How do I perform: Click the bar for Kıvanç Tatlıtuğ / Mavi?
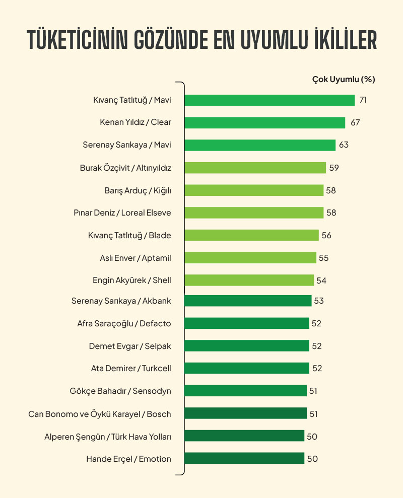tap(270, 100)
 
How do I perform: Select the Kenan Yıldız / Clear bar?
tap(264, 122)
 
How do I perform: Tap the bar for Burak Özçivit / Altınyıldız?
tap(255, 168)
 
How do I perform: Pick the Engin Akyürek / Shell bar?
tap(249, 280)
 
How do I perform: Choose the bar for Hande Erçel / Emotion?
tap(244, 459)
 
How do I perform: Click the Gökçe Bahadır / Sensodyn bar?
tap(245, 391)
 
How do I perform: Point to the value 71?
tap(363, 100)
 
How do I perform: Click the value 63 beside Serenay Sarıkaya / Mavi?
tap(344, 145)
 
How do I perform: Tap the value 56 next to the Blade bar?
tap(326, 235)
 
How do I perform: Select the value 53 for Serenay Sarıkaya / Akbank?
tap(319, 301)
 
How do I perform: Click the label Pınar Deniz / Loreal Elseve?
tap(122, 212)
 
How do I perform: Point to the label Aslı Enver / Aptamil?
tap(136, 258)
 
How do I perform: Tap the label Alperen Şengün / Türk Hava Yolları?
tap(108, 437)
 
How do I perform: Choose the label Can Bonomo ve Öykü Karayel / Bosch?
tap(100, 414)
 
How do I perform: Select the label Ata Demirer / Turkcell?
tap(131, 368)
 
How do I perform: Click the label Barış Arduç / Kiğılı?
tap(138, 190)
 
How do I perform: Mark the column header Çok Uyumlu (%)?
tap(344, 79)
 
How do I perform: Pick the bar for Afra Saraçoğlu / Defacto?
tap(246, 323)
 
